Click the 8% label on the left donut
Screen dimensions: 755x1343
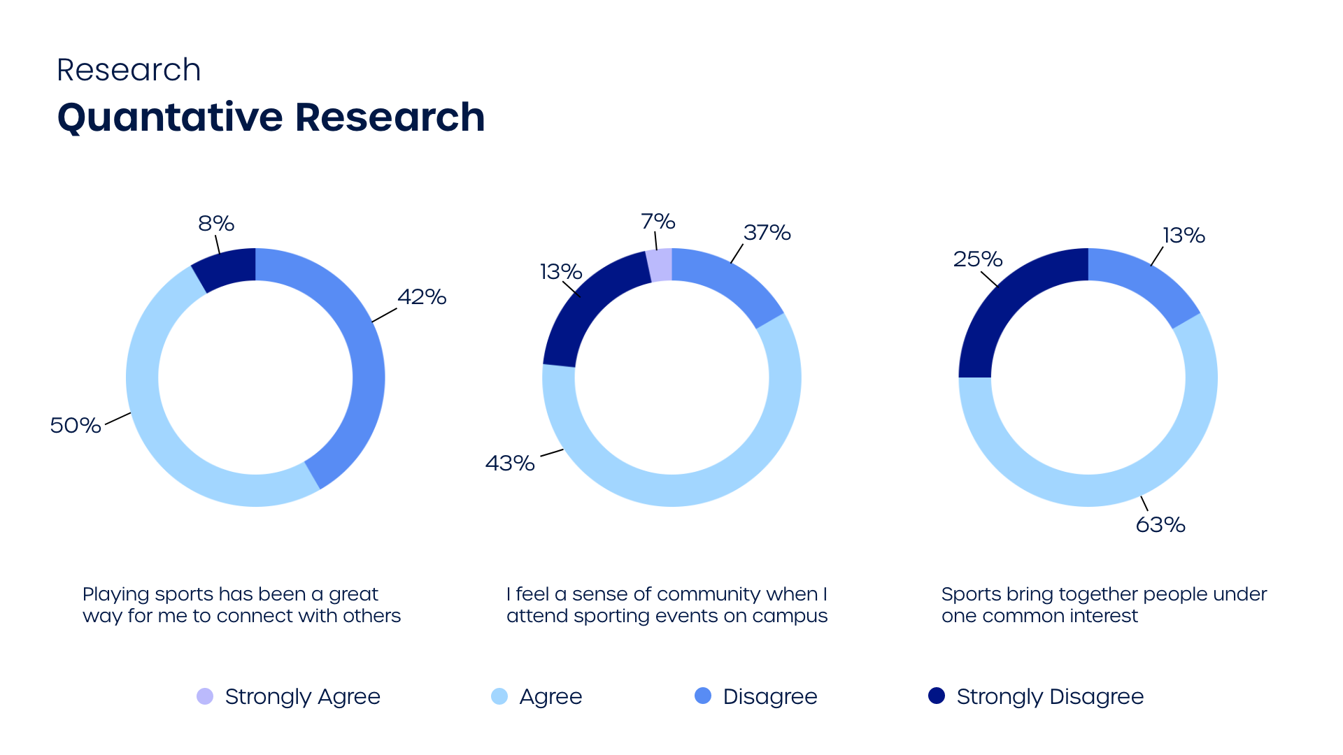click(215, 224)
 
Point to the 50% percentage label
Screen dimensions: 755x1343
click(75, 425)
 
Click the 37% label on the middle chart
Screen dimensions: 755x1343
click(767, 233)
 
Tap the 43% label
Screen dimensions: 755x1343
click(510, 463)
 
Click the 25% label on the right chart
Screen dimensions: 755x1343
click(977, 259)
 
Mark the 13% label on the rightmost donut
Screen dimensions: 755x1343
click(1184, 236)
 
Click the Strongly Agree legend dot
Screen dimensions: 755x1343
click(205, 696)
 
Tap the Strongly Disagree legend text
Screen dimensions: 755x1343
click(1050, 696)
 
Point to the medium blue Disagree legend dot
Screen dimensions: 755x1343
click(703, 696)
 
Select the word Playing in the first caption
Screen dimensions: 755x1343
click(115, 594)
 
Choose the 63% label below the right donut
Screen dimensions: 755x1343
click(1160, 525)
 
